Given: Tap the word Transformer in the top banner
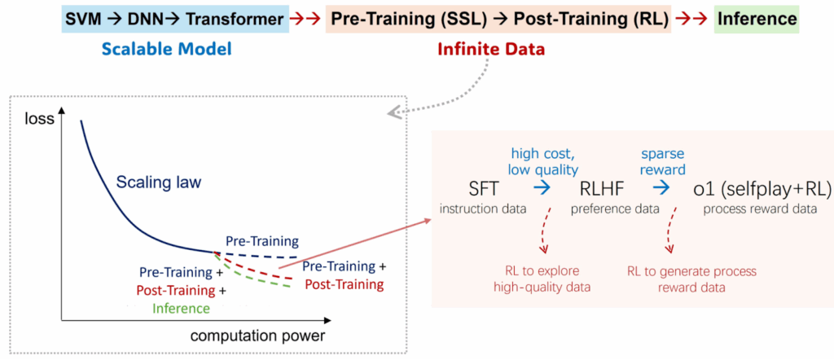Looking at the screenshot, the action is point(234,20).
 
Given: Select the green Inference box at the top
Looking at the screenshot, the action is point(757,20).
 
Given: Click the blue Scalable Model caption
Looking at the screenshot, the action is point(166,50).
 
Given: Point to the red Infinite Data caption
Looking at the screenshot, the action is point(491,50).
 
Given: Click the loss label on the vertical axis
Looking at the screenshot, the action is point(40,118).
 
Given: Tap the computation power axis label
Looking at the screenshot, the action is point(257,336).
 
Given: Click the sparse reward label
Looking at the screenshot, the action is point(663,161).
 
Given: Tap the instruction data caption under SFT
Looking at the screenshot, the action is point(482,209).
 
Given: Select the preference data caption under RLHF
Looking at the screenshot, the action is point(615,209).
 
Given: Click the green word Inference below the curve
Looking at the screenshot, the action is point(180,307).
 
